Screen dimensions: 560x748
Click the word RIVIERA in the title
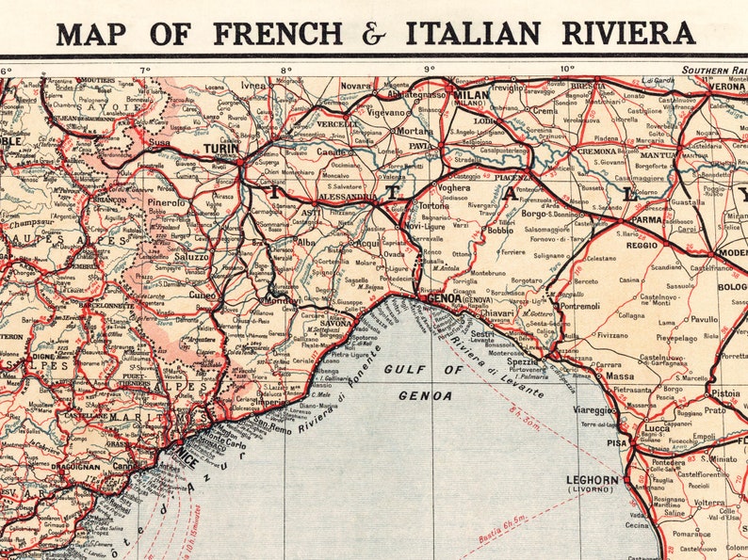coord(629,32)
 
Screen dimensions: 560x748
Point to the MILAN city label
coord(471,96)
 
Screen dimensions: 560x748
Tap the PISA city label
coord(617,441)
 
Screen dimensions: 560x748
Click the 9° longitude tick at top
coord(429,69)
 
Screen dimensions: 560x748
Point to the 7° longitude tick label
coord(144,70)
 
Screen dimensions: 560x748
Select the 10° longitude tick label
coord(567,69)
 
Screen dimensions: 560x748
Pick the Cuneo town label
coord(202,295)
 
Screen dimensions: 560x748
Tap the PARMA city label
coord(646,219)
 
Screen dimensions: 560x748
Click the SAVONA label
coord(335,322)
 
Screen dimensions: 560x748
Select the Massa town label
coord(619,376)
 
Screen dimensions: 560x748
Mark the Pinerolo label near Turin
coord(165,202)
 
